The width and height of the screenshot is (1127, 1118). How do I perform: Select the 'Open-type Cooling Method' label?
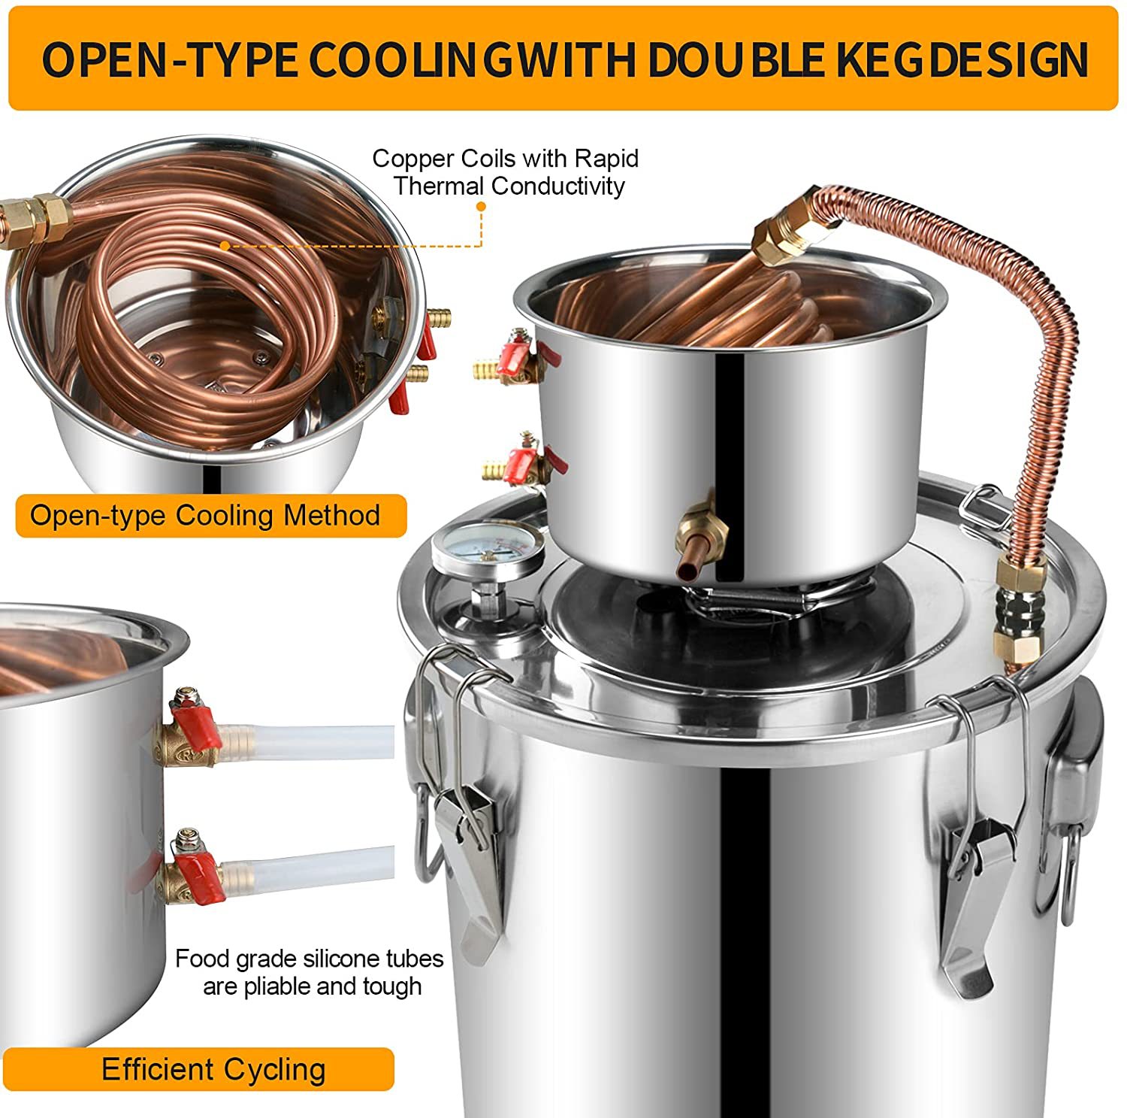tap(205, 516)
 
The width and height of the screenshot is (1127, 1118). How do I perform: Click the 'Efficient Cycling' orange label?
tap(213, 1069)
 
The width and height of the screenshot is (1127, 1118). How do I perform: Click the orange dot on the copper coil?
tap(224, 245)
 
